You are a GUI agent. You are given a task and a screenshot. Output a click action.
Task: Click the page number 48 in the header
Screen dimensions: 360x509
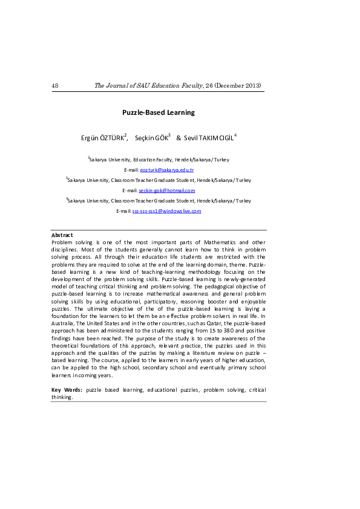point(55,86)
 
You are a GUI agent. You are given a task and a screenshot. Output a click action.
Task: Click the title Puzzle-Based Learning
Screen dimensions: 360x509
point(159,112)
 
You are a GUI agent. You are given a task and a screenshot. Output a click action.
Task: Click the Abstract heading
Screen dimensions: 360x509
point(62,235)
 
